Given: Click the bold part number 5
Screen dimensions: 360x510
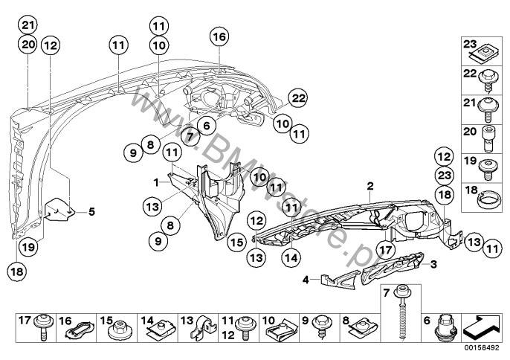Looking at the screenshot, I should [x=92, y=211].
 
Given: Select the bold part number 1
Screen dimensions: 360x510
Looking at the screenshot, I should [x=157, y=181].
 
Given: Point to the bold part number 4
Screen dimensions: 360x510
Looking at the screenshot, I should [x=305, y=280].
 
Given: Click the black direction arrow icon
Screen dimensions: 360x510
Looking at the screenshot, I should [x=482, y=325].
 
